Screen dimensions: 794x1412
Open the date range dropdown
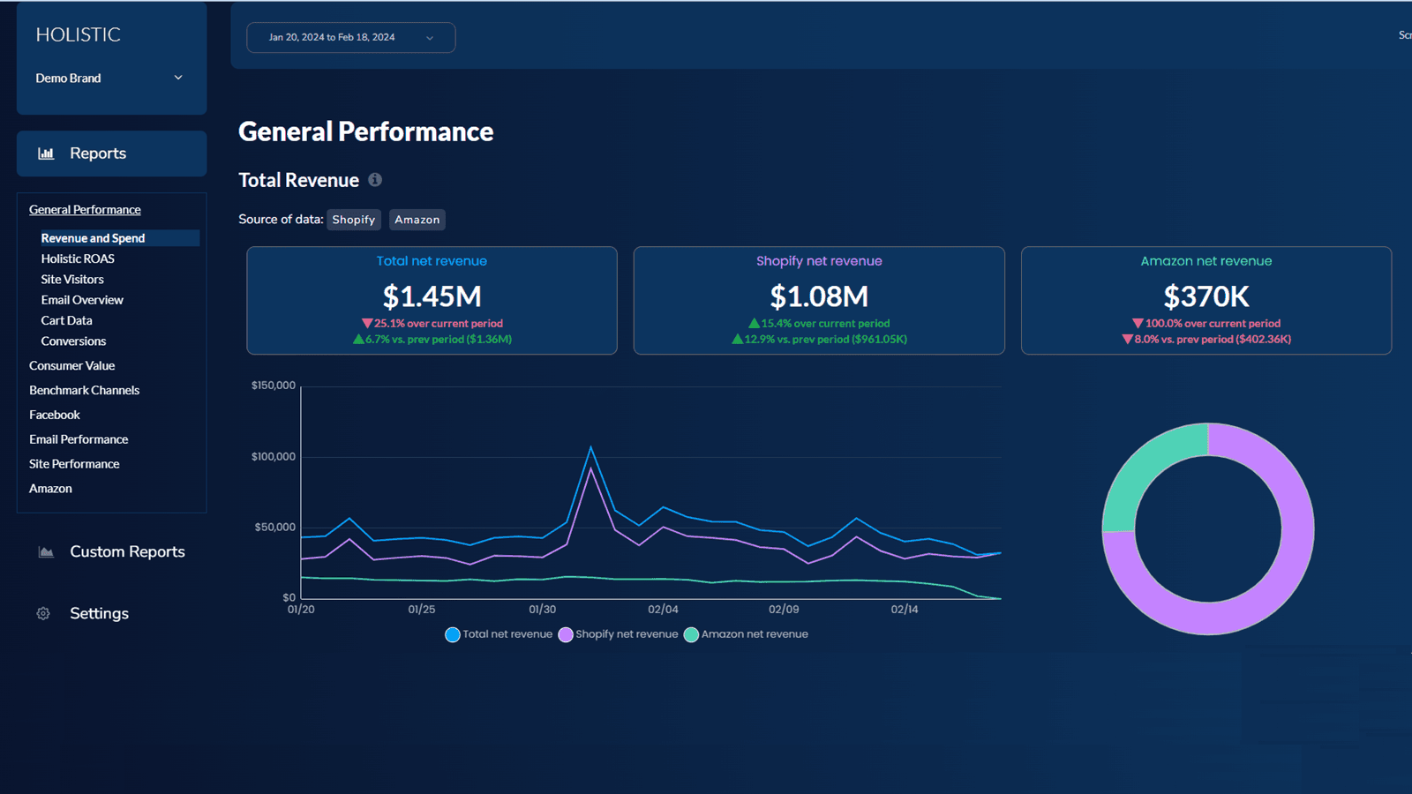coord(350,38)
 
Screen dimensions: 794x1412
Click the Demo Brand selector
coord(110,79)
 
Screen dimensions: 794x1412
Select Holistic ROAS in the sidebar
coord(78,258)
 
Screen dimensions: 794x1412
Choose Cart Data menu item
coord(66,320)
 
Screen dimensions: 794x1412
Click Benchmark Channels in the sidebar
coord(84,390)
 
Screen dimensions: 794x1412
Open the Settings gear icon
coord(43,613)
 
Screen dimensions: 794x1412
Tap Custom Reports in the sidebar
coord(127,551)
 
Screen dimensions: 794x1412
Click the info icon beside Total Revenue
coord(375,180)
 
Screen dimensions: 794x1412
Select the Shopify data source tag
coord(353,220)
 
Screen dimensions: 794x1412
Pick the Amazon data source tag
coord(417,220)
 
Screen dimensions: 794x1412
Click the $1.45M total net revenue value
coord(432,296)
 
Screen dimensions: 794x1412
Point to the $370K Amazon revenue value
coord(1205,296)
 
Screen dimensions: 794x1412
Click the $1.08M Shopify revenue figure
coord(819,296)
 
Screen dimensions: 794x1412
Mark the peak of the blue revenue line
coord(590,448)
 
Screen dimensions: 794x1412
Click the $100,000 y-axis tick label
coord(274,456)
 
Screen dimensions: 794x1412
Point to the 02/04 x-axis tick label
coord(663,610)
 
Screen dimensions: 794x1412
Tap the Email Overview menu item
coord(82,300)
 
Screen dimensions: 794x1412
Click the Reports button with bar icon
coord(111,154)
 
